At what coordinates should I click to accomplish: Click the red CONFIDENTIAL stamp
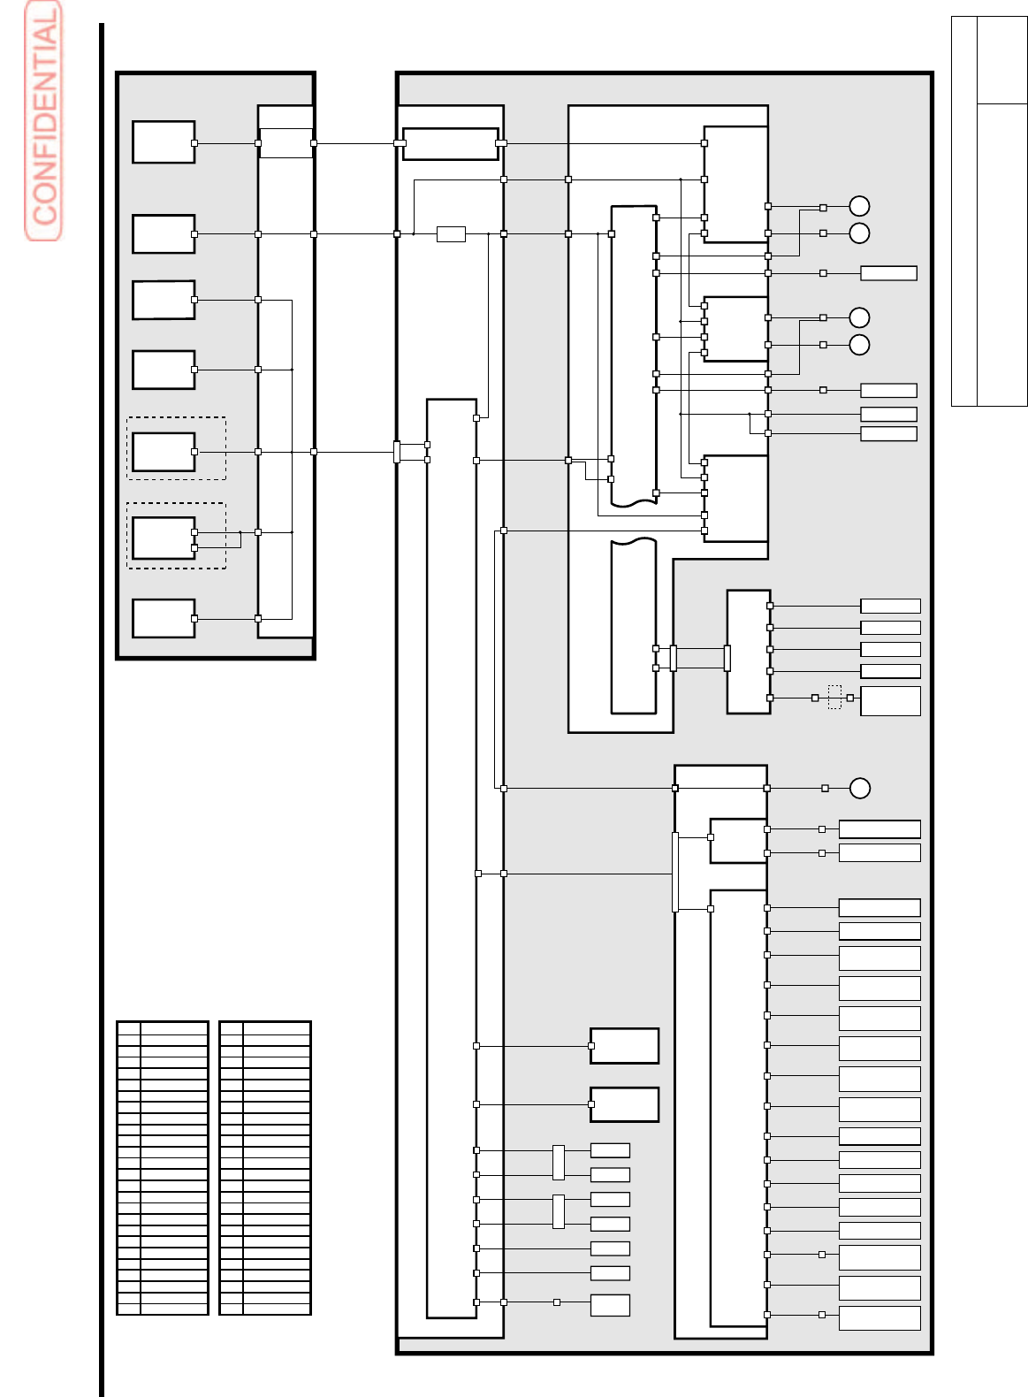click(x=43, y=121)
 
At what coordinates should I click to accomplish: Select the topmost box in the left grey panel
click(x=164, y=142)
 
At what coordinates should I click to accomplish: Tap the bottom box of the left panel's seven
click(x=164, y=618)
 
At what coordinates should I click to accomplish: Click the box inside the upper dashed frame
click(x=164, y=452)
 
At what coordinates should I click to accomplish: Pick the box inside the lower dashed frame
click(x=164, y=538)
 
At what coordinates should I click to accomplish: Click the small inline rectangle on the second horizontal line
click(x=451, y=233)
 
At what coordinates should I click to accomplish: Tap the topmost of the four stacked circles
click(x=859, y=206)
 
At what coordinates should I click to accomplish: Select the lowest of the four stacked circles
click(x=859, y=345)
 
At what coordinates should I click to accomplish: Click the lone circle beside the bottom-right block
click(x=860, y=788)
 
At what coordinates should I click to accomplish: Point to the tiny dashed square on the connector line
click(x=834, y=698)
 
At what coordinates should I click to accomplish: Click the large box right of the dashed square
click(x=890, y=700)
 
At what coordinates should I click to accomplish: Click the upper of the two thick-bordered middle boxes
click(x=624, y=1045)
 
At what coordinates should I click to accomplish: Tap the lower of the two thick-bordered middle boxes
click(x=624, y=1104)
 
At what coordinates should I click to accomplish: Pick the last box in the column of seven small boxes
click(x=610, y=1305)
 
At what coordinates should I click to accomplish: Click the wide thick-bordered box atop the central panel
click(x=451, y=144)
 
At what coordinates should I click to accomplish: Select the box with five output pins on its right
click(x=748, y=652)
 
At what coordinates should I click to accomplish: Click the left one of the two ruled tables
click(x=163, y=1168)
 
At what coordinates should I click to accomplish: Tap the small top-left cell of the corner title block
click(x=964, y=59)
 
